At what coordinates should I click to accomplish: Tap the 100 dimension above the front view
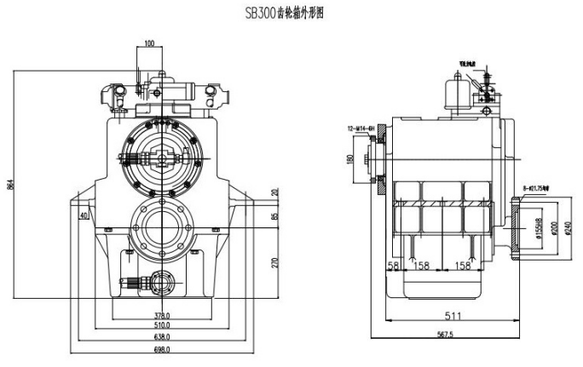[x=149, y=43]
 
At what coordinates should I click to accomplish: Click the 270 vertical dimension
[x=274, y=261]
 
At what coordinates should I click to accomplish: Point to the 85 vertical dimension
[x=274, y=216]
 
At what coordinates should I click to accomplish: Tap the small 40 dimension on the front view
[x=84, y=216]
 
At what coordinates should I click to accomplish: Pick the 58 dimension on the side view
[x=393, y=266]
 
